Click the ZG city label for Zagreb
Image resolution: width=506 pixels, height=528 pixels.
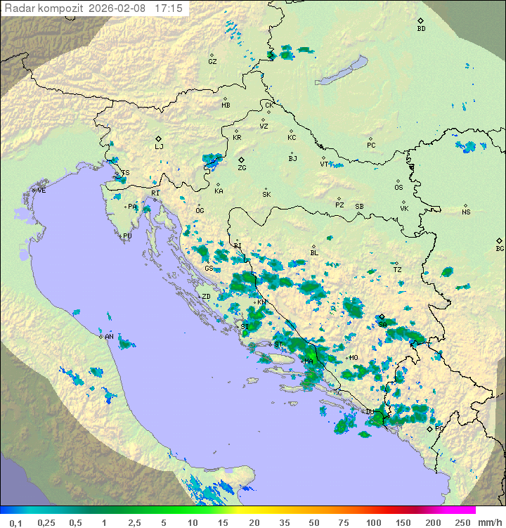click(x=242, y=168)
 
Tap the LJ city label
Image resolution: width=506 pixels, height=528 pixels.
click(x=159, y=147)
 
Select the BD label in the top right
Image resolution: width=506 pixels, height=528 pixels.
click(x=421, y=29)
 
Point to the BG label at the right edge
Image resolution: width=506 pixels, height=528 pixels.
click(x=500, y=248)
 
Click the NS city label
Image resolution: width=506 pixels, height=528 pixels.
click(x=466, y=212)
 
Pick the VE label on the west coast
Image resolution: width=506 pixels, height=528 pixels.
click(x=41, y=191)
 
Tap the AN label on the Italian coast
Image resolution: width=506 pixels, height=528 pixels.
click(x=109, y=337)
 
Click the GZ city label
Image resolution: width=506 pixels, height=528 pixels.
click(x=212, y=62)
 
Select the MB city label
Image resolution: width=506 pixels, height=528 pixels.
click(x=226, y=105)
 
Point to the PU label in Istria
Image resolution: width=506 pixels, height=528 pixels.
click(x=127, y=236)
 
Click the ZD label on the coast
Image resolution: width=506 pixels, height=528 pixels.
click(x=206, y=297)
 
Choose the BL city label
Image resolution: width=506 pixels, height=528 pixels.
click(x=314, y=253)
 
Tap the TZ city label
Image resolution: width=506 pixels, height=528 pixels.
click(x=397, y=269)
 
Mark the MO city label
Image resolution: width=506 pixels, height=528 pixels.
click(x=353, y=358)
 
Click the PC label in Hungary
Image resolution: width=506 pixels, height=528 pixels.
click(x=371, y=146)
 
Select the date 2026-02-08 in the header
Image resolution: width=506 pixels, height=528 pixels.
click(x=119, y=8)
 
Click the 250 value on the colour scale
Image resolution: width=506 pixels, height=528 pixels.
click(x=462, y=522)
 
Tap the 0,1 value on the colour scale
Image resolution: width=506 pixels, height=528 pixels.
click(x=15, y=522)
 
